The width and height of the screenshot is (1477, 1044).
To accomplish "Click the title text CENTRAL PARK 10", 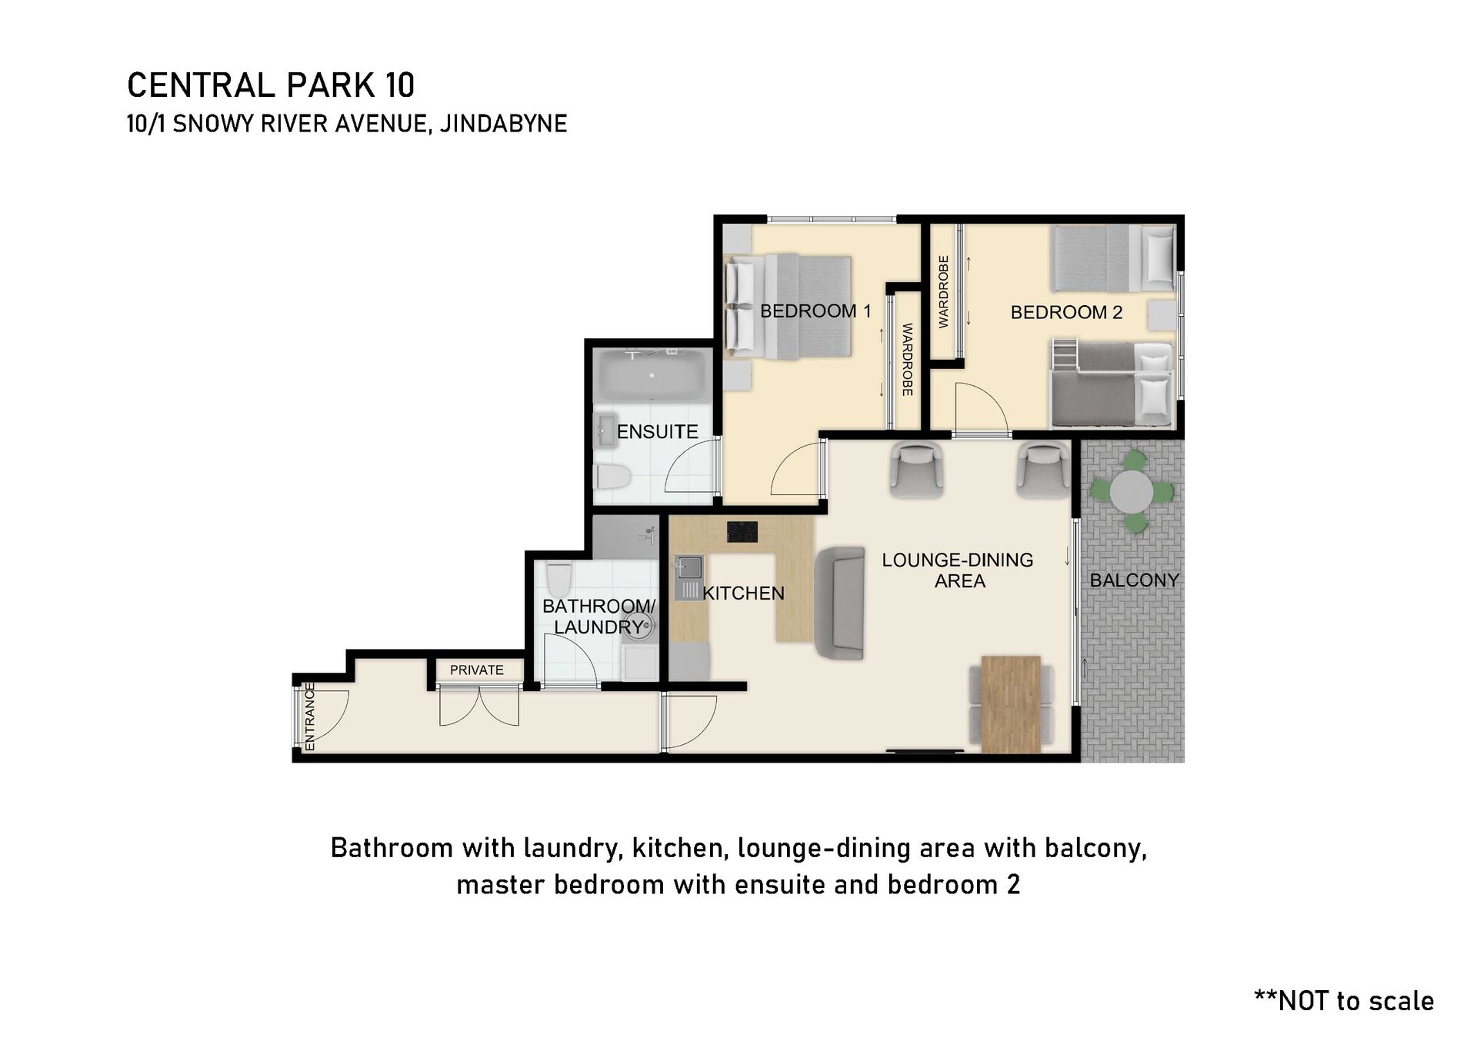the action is tap(271, 85).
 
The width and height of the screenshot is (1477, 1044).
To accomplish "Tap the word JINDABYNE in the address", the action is tap(503, 124).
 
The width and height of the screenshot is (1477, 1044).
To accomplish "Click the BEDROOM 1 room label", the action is tap(815, 311).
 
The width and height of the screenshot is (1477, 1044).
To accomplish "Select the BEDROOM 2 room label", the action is tap(1066, 312).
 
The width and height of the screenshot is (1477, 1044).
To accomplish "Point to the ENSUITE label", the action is tap(657, 432).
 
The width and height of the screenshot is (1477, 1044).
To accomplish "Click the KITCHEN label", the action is tap(743, 593).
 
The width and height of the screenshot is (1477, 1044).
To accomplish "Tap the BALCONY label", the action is tap(1134, 580).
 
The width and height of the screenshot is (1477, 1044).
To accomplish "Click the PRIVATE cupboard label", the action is tap(477, 670).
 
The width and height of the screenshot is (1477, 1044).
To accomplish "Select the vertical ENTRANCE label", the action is tap(310, 717).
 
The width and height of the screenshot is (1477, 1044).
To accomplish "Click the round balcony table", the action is tap(1132, 491).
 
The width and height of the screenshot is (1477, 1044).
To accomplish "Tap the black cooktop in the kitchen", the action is tap(742, 532).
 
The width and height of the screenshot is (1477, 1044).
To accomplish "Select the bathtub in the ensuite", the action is tap(652, 376).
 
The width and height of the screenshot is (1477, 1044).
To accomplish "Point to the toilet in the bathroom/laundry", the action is tap(559, 580).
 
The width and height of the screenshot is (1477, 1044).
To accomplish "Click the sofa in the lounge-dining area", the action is tap(839, 603).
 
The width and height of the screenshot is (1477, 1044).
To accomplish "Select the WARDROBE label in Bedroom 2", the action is tap(944, 292).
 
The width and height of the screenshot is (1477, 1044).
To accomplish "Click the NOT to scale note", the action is tap(1344, 1001).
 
